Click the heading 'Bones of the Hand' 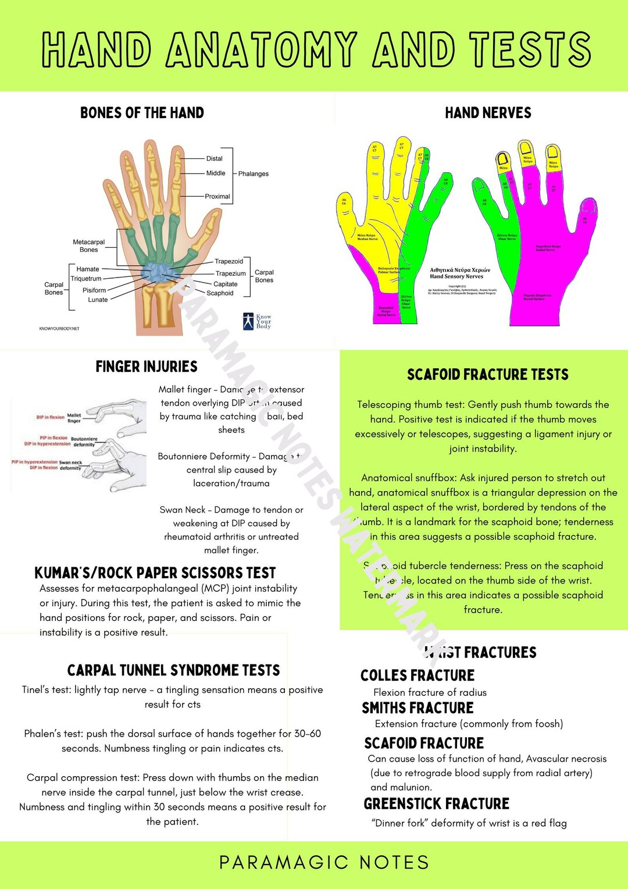(142, 113)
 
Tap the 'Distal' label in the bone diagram (214, 158)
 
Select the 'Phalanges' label (253, 174)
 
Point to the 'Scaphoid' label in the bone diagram (220, 293)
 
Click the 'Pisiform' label (94, 290)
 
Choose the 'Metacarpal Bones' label (89, 246)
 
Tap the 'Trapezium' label (230, 273)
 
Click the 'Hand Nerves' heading (488, 113)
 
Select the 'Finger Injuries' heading (147, 367)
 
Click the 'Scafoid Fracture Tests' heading (487, 375)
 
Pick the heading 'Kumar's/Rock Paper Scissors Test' (155, 573)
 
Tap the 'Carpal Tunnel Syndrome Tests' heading (173, 670)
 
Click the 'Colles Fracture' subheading (417, 675)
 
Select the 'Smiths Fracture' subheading (418, 708)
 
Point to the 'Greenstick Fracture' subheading (436, 804)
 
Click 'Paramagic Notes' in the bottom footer (324, 862)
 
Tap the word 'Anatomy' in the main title (261, 49)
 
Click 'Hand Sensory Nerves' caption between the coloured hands (456, 276)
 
